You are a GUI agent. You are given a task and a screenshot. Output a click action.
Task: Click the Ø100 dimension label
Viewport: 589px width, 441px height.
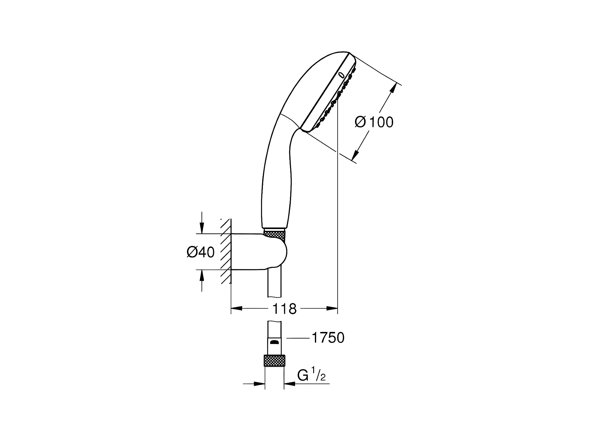pos(374,122)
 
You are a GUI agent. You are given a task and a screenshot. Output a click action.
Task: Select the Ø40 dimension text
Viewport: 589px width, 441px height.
pos(201,252)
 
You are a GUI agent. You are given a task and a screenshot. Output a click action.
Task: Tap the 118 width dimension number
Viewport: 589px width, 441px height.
pos(284,309)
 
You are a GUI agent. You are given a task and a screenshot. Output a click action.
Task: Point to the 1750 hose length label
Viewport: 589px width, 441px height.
pos(328,338)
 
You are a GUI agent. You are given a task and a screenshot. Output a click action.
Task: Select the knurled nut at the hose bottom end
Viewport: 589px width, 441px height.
pos(275,361)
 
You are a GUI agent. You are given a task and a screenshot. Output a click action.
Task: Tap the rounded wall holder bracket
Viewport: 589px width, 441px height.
pos(259,252)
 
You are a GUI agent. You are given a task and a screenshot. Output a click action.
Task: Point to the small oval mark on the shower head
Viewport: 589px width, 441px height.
pos(341,75)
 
